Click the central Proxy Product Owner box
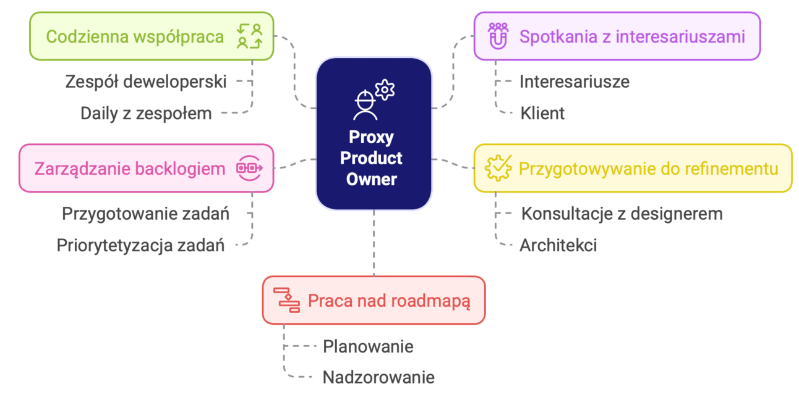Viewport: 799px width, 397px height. [x=374, y=134]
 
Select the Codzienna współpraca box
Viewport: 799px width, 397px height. [x=152, y=36]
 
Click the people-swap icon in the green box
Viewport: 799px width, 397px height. [x=250, y=36]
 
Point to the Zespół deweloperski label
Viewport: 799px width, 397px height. [x=146, y=81]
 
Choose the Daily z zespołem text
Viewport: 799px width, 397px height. [x=146, y=113]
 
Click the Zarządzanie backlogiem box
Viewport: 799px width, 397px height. [x=146, y=168]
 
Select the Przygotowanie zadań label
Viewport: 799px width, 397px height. [x=146, y=214]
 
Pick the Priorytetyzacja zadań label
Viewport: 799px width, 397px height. [x=140, y=245]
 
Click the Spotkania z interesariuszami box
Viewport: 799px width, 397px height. [x=617, y=36]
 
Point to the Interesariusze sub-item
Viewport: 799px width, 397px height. [x=575, y=81]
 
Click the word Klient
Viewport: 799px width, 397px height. [x=542, y=113]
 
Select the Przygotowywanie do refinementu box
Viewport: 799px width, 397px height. [x=633, y=168]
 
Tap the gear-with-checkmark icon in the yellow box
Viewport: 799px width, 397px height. [x=498, y=168]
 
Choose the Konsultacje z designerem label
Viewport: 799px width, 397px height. [x=622, y=214]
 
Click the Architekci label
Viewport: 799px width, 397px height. [x=558, y=245]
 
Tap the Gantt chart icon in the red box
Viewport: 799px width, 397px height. [x=286, y=300]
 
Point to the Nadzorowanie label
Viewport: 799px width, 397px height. [x=378, y=377]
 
